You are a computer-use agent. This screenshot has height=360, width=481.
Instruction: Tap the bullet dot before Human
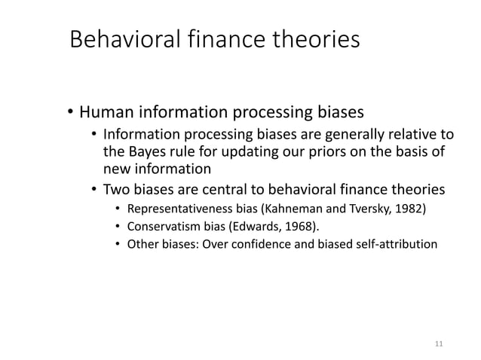[x=66, y=114]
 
